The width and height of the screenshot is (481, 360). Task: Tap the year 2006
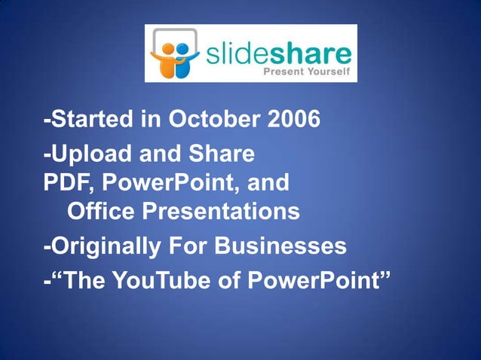tap(289, 120)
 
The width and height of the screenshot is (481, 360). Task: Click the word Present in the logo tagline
tap(280, 73)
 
